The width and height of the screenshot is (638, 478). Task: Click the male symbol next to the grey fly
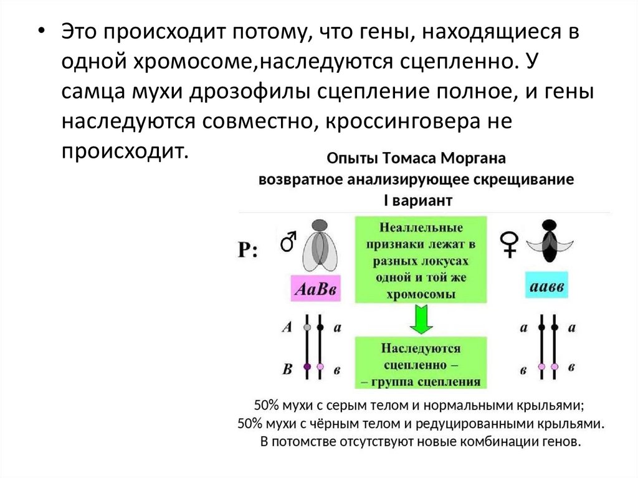point(288,240)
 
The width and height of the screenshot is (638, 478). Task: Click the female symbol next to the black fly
point(510,243)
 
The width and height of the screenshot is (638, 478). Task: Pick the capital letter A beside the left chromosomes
point(287,327)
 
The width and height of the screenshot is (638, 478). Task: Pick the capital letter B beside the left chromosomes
point(287,369)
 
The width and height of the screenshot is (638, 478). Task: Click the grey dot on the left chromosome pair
point(307,327)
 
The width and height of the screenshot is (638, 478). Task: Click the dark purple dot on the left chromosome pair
point(307,367)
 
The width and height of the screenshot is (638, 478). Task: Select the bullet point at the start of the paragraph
point(41,33)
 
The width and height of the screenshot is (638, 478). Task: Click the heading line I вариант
point(417,201)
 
